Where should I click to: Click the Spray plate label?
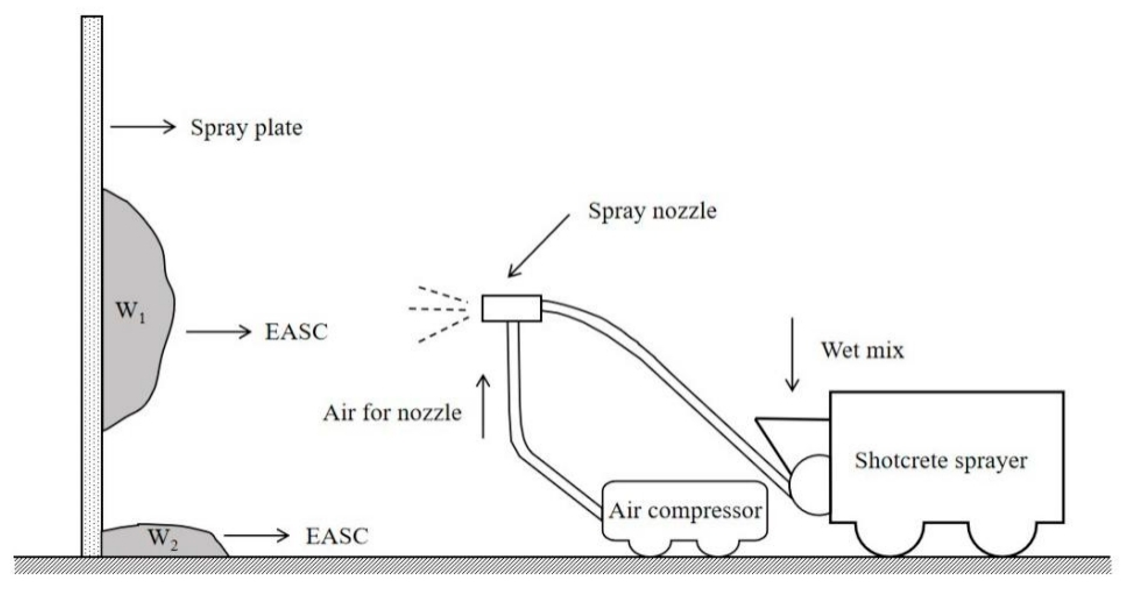246,128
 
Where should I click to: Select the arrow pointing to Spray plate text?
142,127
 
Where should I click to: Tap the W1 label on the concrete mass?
130,312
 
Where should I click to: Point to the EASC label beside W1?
296,332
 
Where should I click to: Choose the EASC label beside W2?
337,536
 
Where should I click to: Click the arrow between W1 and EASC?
218,332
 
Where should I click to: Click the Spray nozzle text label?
652,211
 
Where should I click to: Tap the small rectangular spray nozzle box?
511,308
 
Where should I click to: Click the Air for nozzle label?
392,413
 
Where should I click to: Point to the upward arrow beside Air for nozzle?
483,406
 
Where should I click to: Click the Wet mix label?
862,350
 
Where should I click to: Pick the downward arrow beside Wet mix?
792,354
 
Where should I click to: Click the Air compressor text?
685,511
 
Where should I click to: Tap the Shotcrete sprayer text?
941,461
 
